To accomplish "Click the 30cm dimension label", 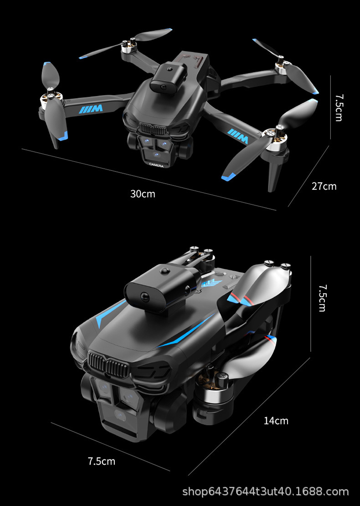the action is point(143,194).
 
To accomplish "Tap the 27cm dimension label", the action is point(324,186).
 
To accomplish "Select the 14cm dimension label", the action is point(276,421).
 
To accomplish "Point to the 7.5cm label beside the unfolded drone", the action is point(339,108).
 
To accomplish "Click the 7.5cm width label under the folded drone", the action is point(102,461).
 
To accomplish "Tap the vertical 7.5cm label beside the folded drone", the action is point(322,298).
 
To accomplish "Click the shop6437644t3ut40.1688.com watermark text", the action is point(266,491).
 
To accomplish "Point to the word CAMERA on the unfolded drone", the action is point(156,165).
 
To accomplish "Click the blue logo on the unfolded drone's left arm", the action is point(91,109).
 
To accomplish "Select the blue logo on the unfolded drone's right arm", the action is point(238,136).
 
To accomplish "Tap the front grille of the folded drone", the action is point(108,363).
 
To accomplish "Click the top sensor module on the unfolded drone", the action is point(169,77).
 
